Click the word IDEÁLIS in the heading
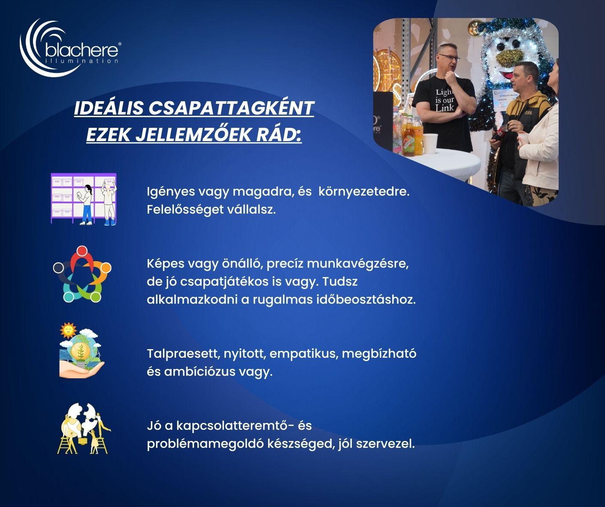(109, 108)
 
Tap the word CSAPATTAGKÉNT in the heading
(231, 108)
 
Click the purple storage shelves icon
(84, 199)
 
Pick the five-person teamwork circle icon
(82, 274)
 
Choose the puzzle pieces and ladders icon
(84, 429)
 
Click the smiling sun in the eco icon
(68, 331)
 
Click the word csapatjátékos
(224, 282)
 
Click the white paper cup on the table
(430, 143)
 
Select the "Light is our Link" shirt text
(445, 100)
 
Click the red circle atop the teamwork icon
(82, 250)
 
